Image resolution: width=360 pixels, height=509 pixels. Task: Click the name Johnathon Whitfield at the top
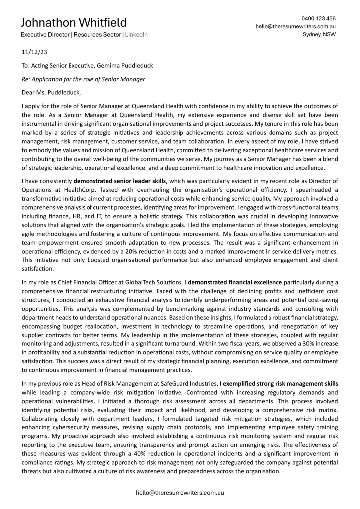[x=74, y=23]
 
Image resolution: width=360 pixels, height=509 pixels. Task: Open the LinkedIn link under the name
[x=136, y=35]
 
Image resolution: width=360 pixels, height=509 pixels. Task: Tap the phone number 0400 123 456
[x=318, y=18]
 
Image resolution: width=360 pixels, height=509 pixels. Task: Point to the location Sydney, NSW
[x=319, y=35]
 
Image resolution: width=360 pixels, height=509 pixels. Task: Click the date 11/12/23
[x=35, y=52]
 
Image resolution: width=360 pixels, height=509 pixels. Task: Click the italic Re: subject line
[x=84, y=79]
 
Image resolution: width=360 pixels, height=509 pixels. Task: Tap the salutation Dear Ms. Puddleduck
[x=51, y=92]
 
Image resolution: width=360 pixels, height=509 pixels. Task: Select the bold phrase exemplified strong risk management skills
[x=280, y=384]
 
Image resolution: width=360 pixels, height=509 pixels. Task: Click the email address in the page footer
[x=180, y=493]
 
